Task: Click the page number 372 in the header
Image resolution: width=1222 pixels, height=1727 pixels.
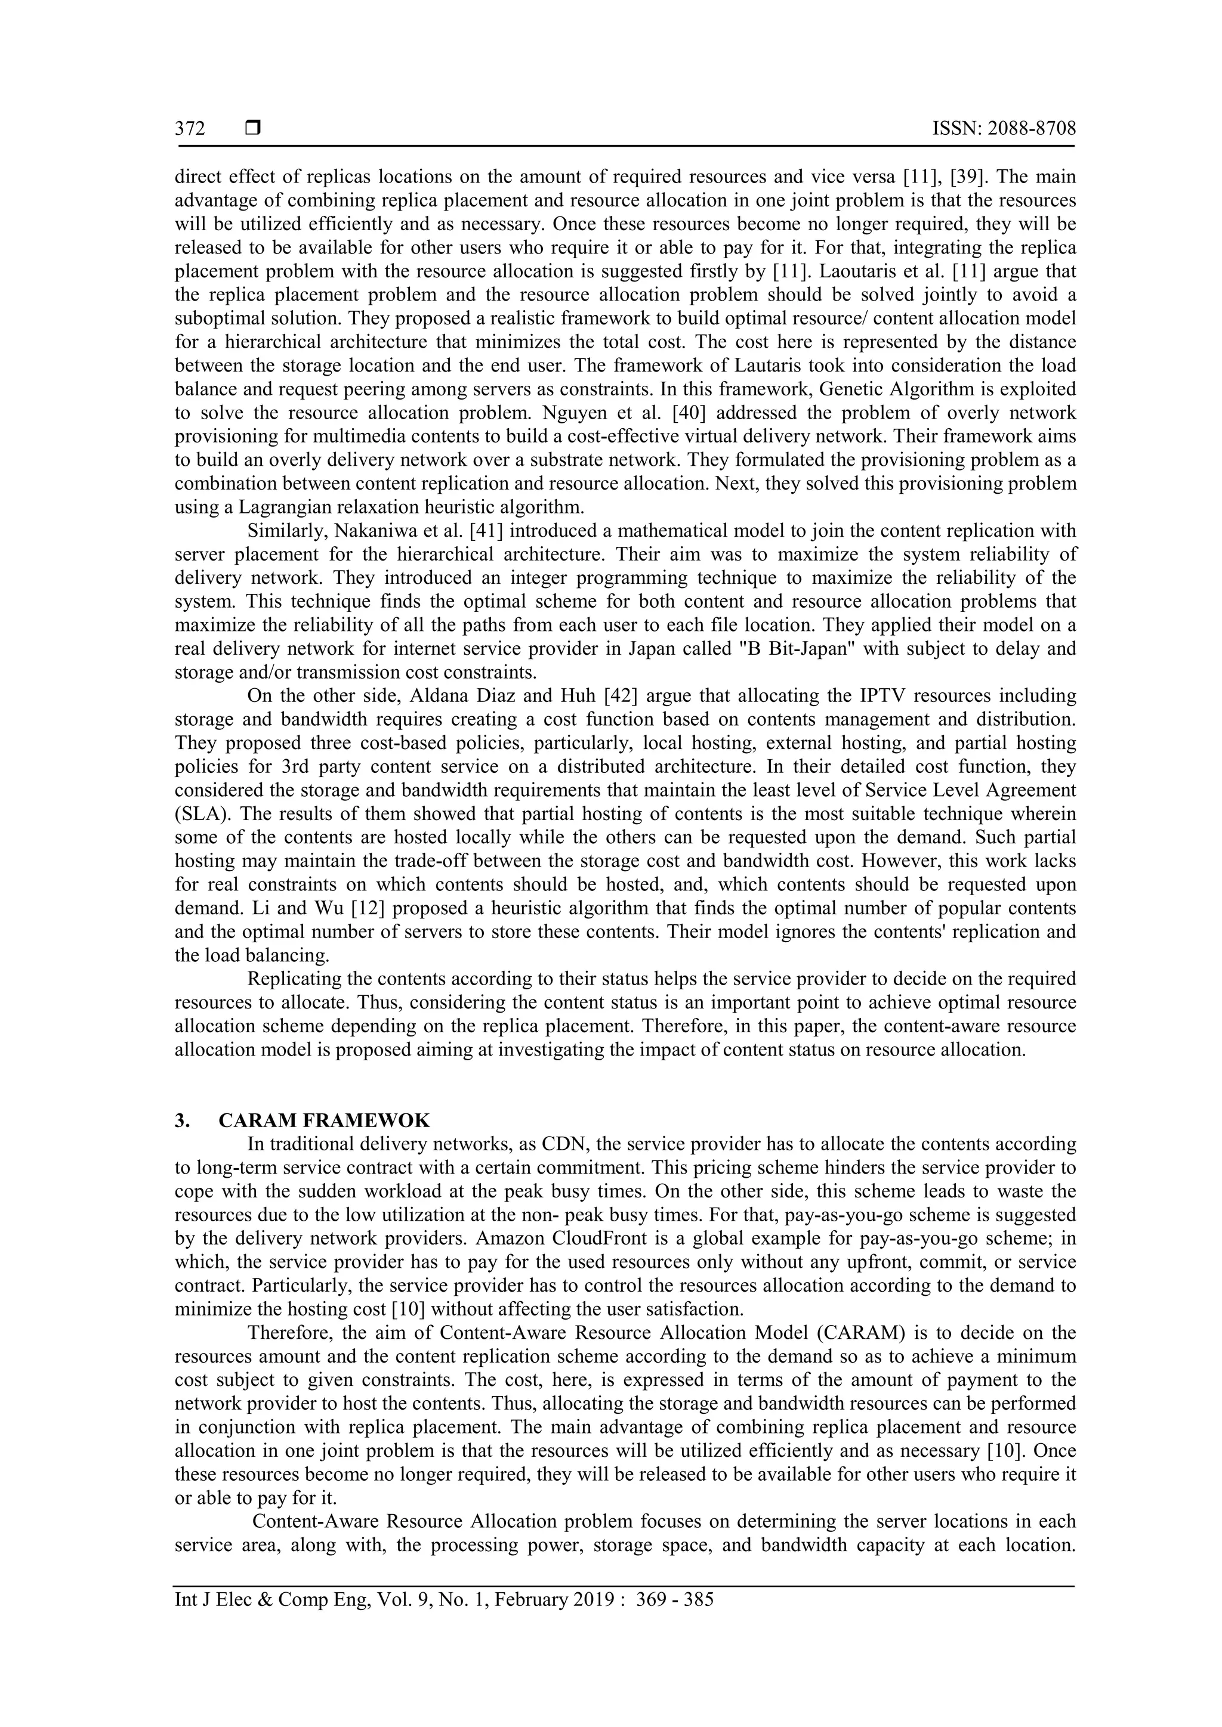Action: click(190, 129)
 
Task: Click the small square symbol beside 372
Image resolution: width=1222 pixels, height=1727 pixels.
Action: click(253, 129)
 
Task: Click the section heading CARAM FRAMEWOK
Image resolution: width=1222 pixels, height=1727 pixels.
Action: click(325, 1121)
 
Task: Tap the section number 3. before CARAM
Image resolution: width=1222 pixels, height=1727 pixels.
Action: click(182, 1121)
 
